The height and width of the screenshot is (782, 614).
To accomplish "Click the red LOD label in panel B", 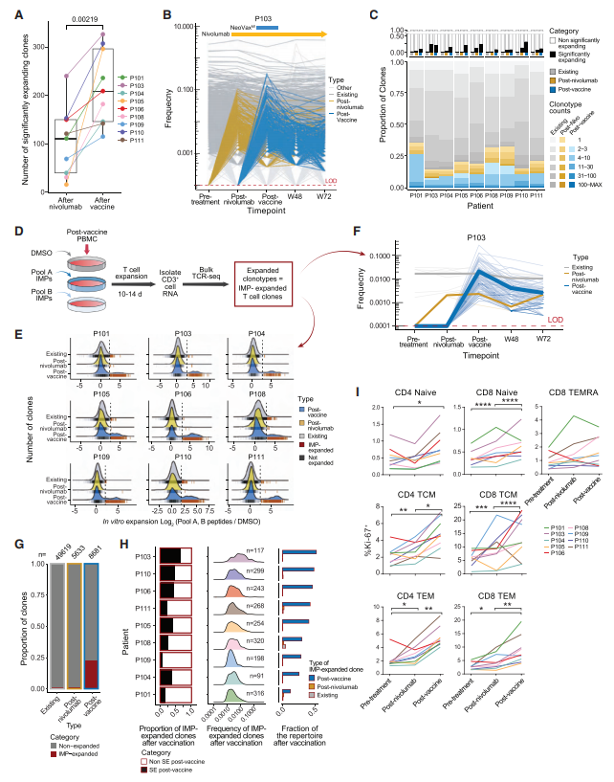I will [x=327, y=182].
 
